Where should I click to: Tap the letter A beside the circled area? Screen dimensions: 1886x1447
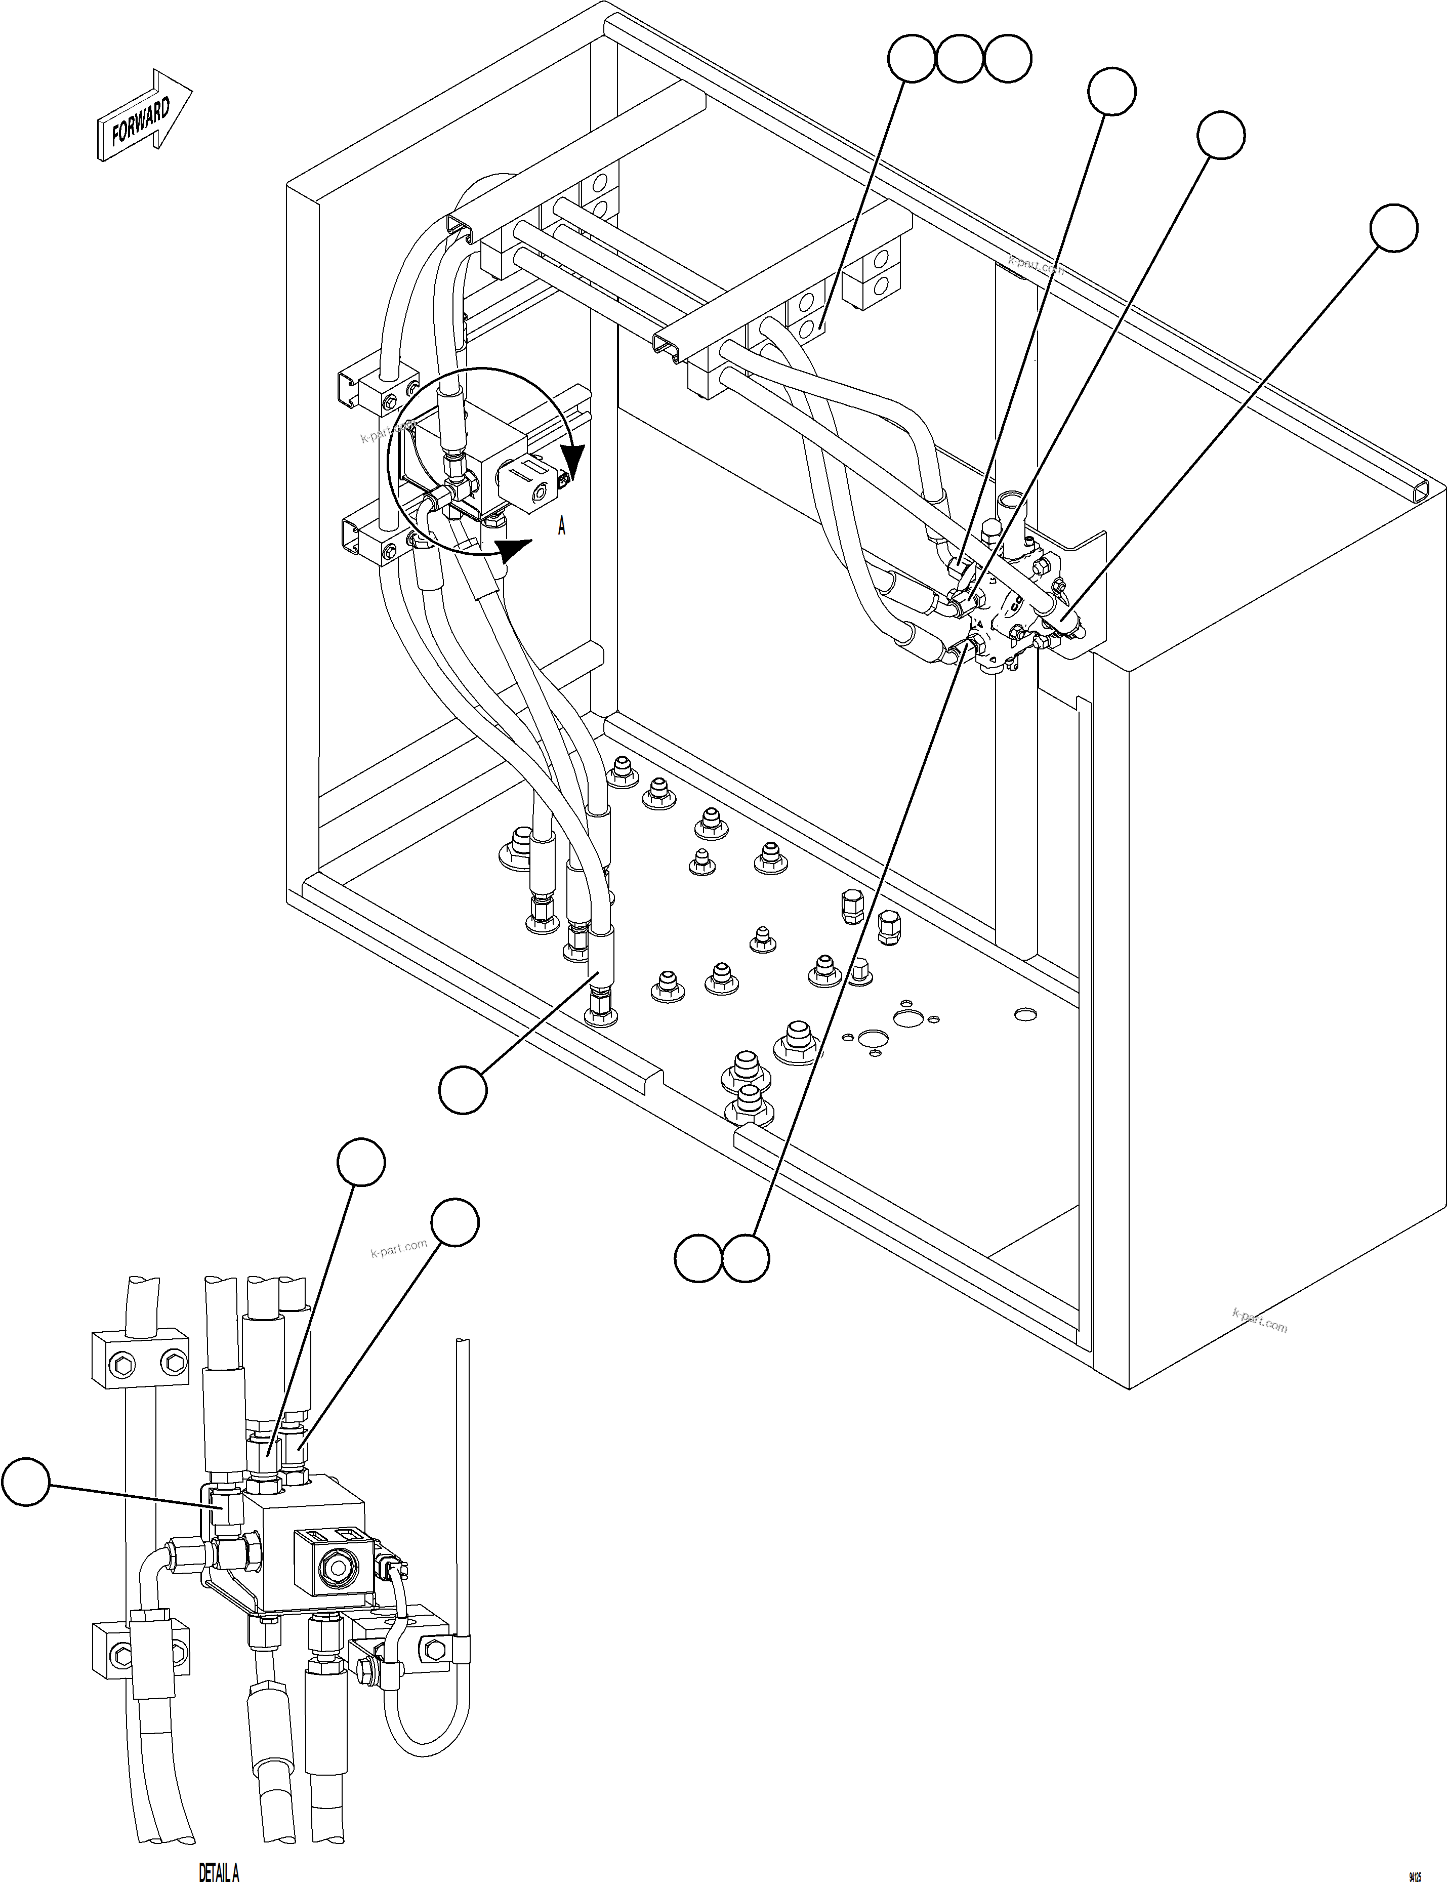tap(562, 526)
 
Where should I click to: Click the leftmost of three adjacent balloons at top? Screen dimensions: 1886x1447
tap(911, 59)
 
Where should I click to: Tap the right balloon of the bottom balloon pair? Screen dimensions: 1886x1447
tap(745, 1259)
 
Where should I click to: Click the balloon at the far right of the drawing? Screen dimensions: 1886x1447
tap(1393, 228)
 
